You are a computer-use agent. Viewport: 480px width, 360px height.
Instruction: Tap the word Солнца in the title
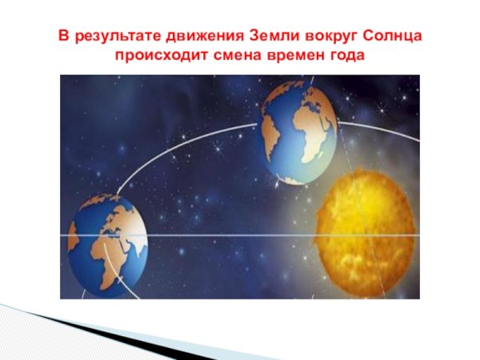click(392, 38)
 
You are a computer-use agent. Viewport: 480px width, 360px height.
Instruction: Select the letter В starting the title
click(62, 38)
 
